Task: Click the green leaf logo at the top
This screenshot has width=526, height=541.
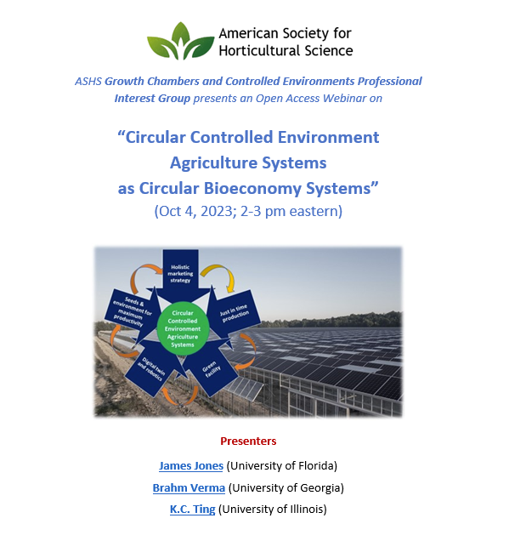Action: click(x=180, y=41)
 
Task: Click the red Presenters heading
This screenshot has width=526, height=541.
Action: click(x=248, y=441)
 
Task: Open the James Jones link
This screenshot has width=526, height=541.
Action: click(x=191, y=465)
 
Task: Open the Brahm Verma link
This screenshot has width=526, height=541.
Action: click(x=189, y=487)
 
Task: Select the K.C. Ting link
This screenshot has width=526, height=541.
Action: click(x=193, y=509)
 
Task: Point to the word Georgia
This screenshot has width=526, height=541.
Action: click(x=319, y=487)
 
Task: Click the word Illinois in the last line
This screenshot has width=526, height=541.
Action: click(x=303, y=509)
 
